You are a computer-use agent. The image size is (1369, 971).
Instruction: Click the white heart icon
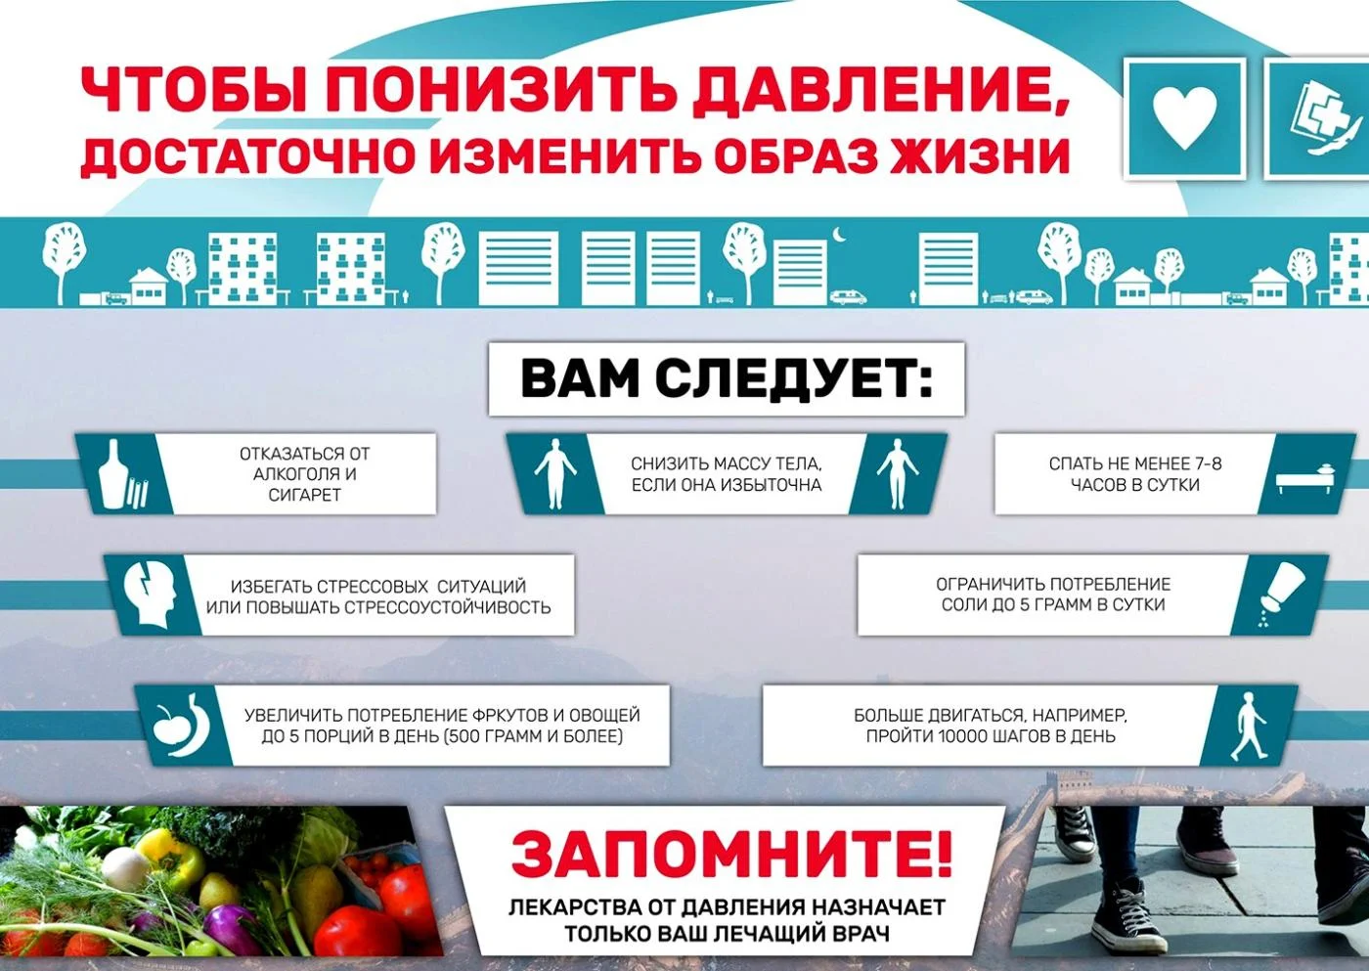[x=1184, y=117]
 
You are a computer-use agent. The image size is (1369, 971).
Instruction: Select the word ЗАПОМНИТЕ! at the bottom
[x=730, y=854]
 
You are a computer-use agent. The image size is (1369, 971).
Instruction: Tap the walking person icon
[x=1248, y=727]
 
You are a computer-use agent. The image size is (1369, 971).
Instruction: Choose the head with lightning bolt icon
[x=150, y=594]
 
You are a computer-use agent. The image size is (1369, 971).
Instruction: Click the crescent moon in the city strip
[x=838, y=234]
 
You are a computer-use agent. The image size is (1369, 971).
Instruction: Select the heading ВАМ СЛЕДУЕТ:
[x=726, y=378]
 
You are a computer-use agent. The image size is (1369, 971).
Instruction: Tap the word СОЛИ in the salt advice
[x=964, y=605]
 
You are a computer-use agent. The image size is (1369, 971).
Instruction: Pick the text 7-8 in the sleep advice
[x=1208, y=463]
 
